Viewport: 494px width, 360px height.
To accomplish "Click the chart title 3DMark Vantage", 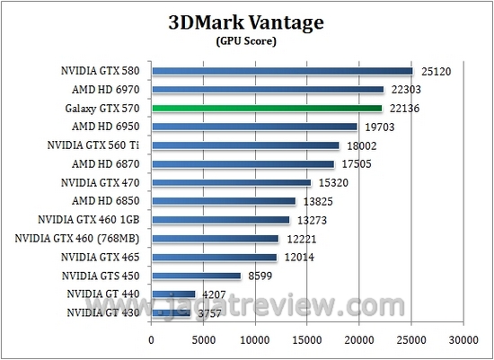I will (x=244, y=23).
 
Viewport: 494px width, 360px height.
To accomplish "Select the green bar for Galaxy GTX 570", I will (x=267, y=108).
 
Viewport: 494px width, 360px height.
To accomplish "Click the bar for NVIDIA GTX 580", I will (x=282, y=70).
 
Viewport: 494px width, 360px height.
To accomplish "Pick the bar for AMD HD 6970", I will (x=268, y=89).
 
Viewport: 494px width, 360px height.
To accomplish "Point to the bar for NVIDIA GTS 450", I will (x=197, y=276).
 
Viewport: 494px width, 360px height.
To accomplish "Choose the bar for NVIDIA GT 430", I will (x=172, y=312).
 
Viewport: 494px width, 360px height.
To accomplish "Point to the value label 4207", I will (x=215, y=294).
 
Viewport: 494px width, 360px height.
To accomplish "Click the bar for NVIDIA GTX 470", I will (x=232, y=182).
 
